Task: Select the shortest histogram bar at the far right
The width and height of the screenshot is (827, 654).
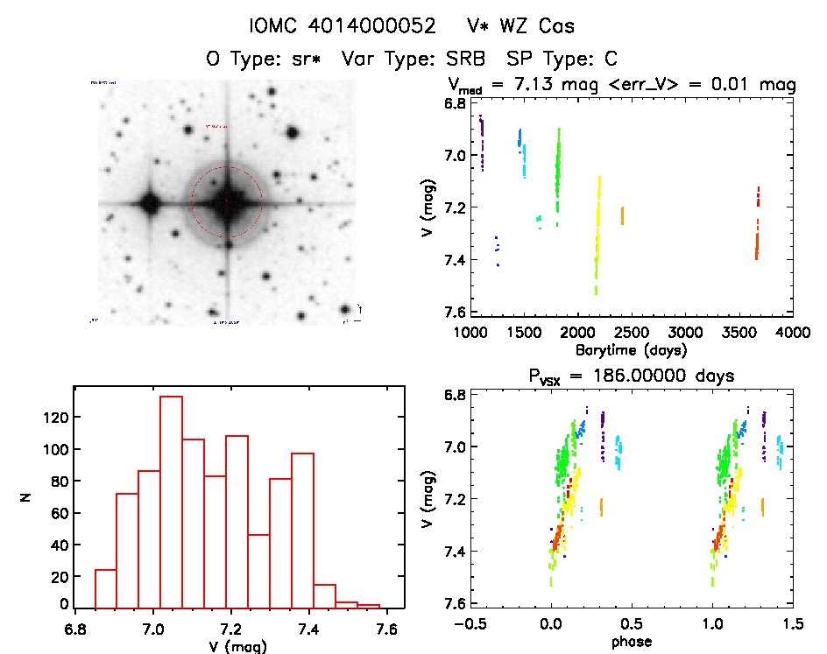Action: click(368, 606)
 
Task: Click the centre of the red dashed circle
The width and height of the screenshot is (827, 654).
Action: click(226, 202)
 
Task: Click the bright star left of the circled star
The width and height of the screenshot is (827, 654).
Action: click(149, 204)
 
